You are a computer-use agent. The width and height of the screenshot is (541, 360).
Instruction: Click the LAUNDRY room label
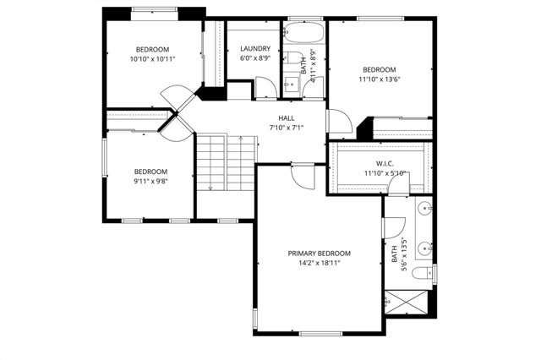tap(254, 48)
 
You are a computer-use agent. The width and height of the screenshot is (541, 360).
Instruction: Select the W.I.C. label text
tap(385, 163)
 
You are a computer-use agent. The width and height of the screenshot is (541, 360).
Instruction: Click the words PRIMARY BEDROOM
tap(319, 253)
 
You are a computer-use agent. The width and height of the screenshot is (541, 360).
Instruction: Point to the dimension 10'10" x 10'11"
tap(152, 59)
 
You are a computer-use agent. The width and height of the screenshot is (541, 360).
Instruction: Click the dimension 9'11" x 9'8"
tap(150, 181)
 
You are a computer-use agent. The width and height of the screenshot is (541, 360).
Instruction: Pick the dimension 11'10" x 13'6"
tap(380, 80)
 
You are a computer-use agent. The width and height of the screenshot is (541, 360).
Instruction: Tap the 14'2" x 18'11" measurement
tap(319, 263)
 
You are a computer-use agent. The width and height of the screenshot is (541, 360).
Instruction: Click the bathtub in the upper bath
tap(302, 34)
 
